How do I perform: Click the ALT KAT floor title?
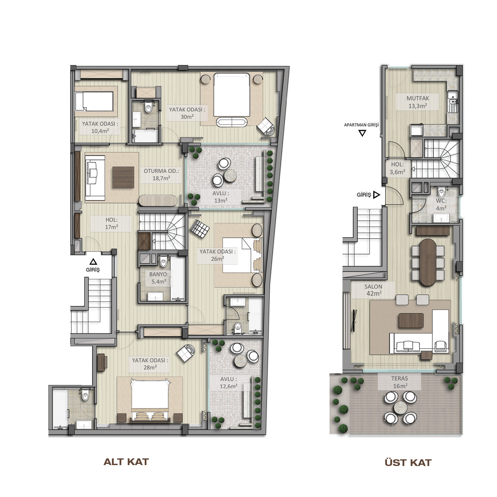pos(126,462)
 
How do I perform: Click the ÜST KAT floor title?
pos(408,463)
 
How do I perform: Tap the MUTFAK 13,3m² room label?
pos(418,102)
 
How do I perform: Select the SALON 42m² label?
pos(373,290)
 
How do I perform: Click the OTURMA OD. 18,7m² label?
pos(161,174)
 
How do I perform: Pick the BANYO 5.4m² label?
pos(159,278)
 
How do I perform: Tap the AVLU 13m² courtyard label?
pos(221,197)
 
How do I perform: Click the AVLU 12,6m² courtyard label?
pos(229,383)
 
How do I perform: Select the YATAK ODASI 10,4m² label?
pos(100,127)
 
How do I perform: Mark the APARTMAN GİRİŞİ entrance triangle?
pos(362,133)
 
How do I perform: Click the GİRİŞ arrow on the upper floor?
pos(376,195)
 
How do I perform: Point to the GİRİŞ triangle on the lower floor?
pos(93,261)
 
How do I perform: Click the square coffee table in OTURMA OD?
pos(123,178)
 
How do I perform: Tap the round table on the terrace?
pos(400,407)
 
